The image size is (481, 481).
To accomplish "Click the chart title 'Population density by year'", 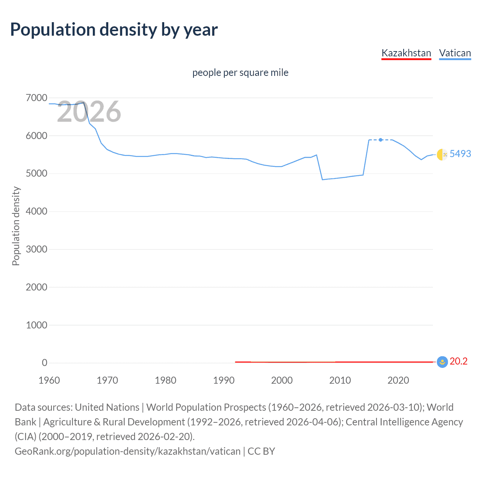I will (114, 30).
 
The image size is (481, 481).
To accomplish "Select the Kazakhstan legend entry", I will (406, 53).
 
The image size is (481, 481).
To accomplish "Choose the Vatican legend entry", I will (455, 53).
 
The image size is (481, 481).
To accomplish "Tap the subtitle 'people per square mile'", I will (240, 73).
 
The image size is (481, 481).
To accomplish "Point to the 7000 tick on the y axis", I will (36, 98).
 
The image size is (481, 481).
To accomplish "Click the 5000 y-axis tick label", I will (36, 174).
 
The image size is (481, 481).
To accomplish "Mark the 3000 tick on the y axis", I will (36, 249).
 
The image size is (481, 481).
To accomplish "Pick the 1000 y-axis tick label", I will (36, 325).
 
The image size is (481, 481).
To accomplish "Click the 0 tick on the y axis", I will (44, 363).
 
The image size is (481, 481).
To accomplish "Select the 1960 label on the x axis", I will (49, 380).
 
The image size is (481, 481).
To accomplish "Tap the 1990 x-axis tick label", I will (224, 380).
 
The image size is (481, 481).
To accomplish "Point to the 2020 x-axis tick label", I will (398, 380).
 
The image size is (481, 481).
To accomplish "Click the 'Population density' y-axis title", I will (16, 226).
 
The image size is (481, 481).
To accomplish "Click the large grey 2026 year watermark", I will (89, 112).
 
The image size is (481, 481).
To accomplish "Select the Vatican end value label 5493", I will (460, 154).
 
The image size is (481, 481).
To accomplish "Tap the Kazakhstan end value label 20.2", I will (458, 361).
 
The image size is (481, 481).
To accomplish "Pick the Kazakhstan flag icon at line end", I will (442, 362).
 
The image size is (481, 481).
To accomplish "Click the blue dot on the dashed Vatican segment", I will (381, 140).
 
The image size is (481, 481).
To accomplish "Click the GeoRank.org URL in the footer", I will (127, 451).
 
